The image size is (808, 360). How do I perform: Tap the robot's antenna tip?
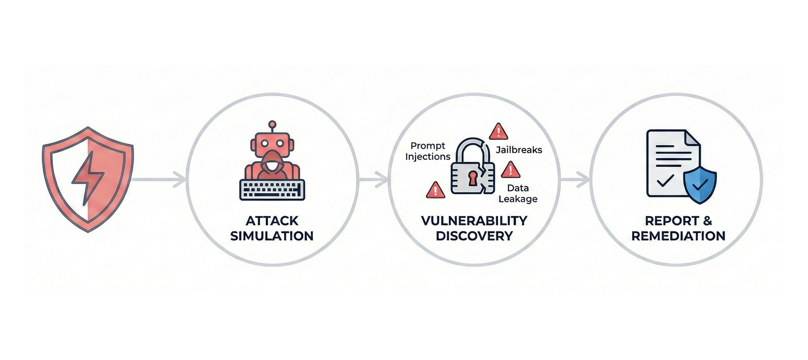272,124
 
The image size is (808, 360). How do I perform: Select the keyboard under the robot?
272,190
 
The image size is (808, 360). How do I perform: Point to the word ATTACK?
272,221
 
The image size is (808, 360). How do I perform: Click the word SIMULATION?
272,236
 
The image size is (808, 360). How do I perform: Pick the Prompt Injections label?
428,151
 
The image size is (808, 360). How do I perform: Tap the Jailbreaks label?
519,150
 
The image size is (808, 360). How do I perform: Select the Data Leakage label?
518,193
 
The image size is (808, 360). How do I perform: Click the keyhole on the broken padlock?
472,178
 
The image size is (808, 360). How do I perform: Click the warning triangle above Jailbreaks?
498,132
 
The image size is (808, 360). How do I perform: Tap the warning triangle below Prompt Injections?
435,190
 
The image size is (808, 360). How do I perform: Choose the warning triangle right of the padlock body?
510,170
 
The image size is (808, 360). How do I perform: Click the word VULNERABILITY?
474,221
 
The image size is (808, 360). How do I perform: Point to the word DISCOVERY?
474,236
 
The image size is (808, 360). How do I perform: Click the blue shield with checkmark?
700,185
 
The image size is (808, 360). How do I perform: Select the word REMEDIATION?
678,236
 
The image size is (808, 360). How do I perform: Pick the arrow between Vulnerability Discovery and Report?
575,180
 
